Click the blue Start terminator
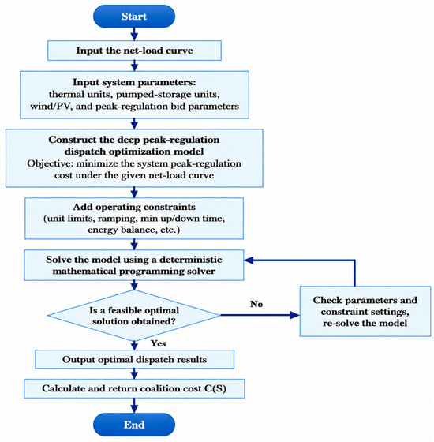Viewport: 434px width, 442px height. click(134, 17)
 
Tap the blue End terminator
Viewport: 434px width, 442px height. click(134, 425)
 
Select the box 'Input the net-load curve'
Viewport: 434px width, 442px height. click(134, 51)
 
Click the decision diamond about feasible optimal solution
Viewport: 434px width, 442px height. click(134, 316)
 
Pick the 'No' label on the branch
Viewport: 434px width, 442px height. click(256, 304)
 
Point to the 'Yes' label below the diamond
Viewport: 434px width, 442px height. click(158, 343)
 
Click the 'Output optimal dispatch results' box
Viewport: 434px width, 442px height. click(134, 359)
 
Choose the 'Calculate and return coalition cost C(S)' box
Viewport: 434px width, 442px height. click(134, 388)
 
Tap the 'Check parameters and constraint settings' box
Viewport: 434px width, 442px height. click(365, 311)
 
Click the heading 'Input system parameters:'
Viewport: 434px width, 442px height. click(134, 82)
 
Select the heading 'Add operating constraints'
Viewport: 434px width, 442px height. click(134, 207)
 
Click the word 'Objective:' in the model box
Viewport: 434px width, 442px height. click(50, 163)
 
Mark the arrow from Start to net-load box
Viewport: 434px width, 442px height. click(134, 34)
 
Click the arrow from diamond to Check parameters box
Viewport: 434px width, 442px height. click(260, 315)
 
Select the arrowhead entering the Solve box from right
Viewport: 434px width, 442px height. click(249, 260)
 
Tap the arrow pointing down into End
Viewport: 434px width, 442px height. click(134, 406)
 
